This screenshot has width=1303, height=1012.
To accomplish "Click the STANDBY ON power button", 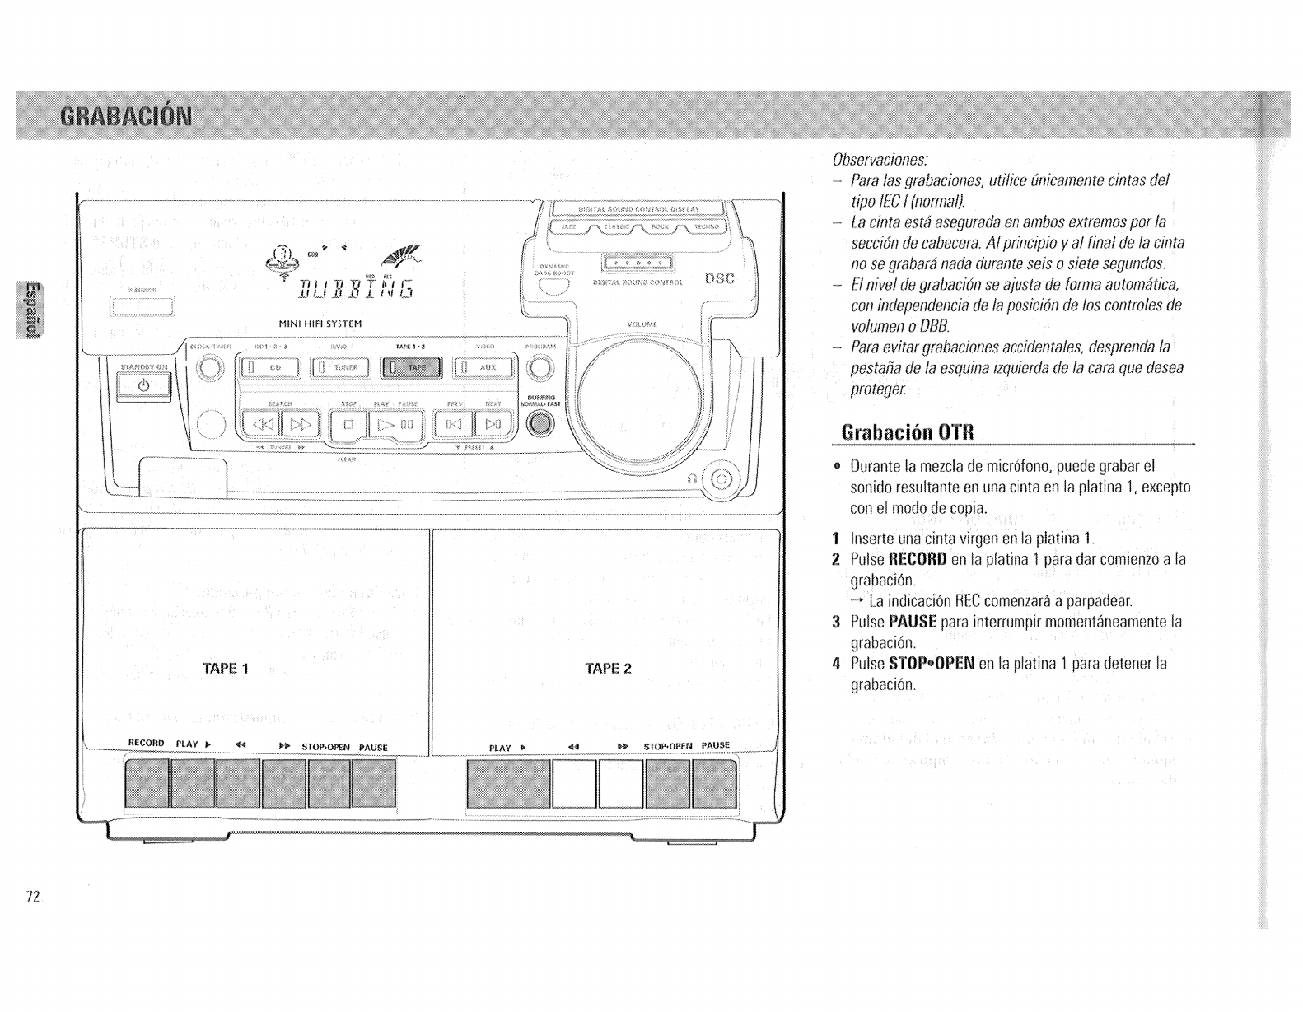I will (x=144, y=385).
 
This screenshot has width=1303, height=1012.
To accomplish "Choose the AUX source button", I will (x=483, y=367).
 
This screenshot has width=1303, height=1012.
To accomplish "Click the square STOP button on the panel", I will (x=348, y=425).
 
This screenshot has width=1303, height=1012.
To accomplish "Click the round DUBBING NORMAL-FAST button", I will (x=540, y=423).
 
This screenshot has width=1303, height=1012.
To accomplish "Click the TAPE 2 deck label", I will (x=607, y=668).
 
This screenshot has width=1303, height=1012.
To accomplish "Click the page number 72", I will (x=33, y=897).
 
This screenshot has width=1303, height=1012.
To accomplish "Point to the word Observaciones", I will (x=880, y=158).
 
